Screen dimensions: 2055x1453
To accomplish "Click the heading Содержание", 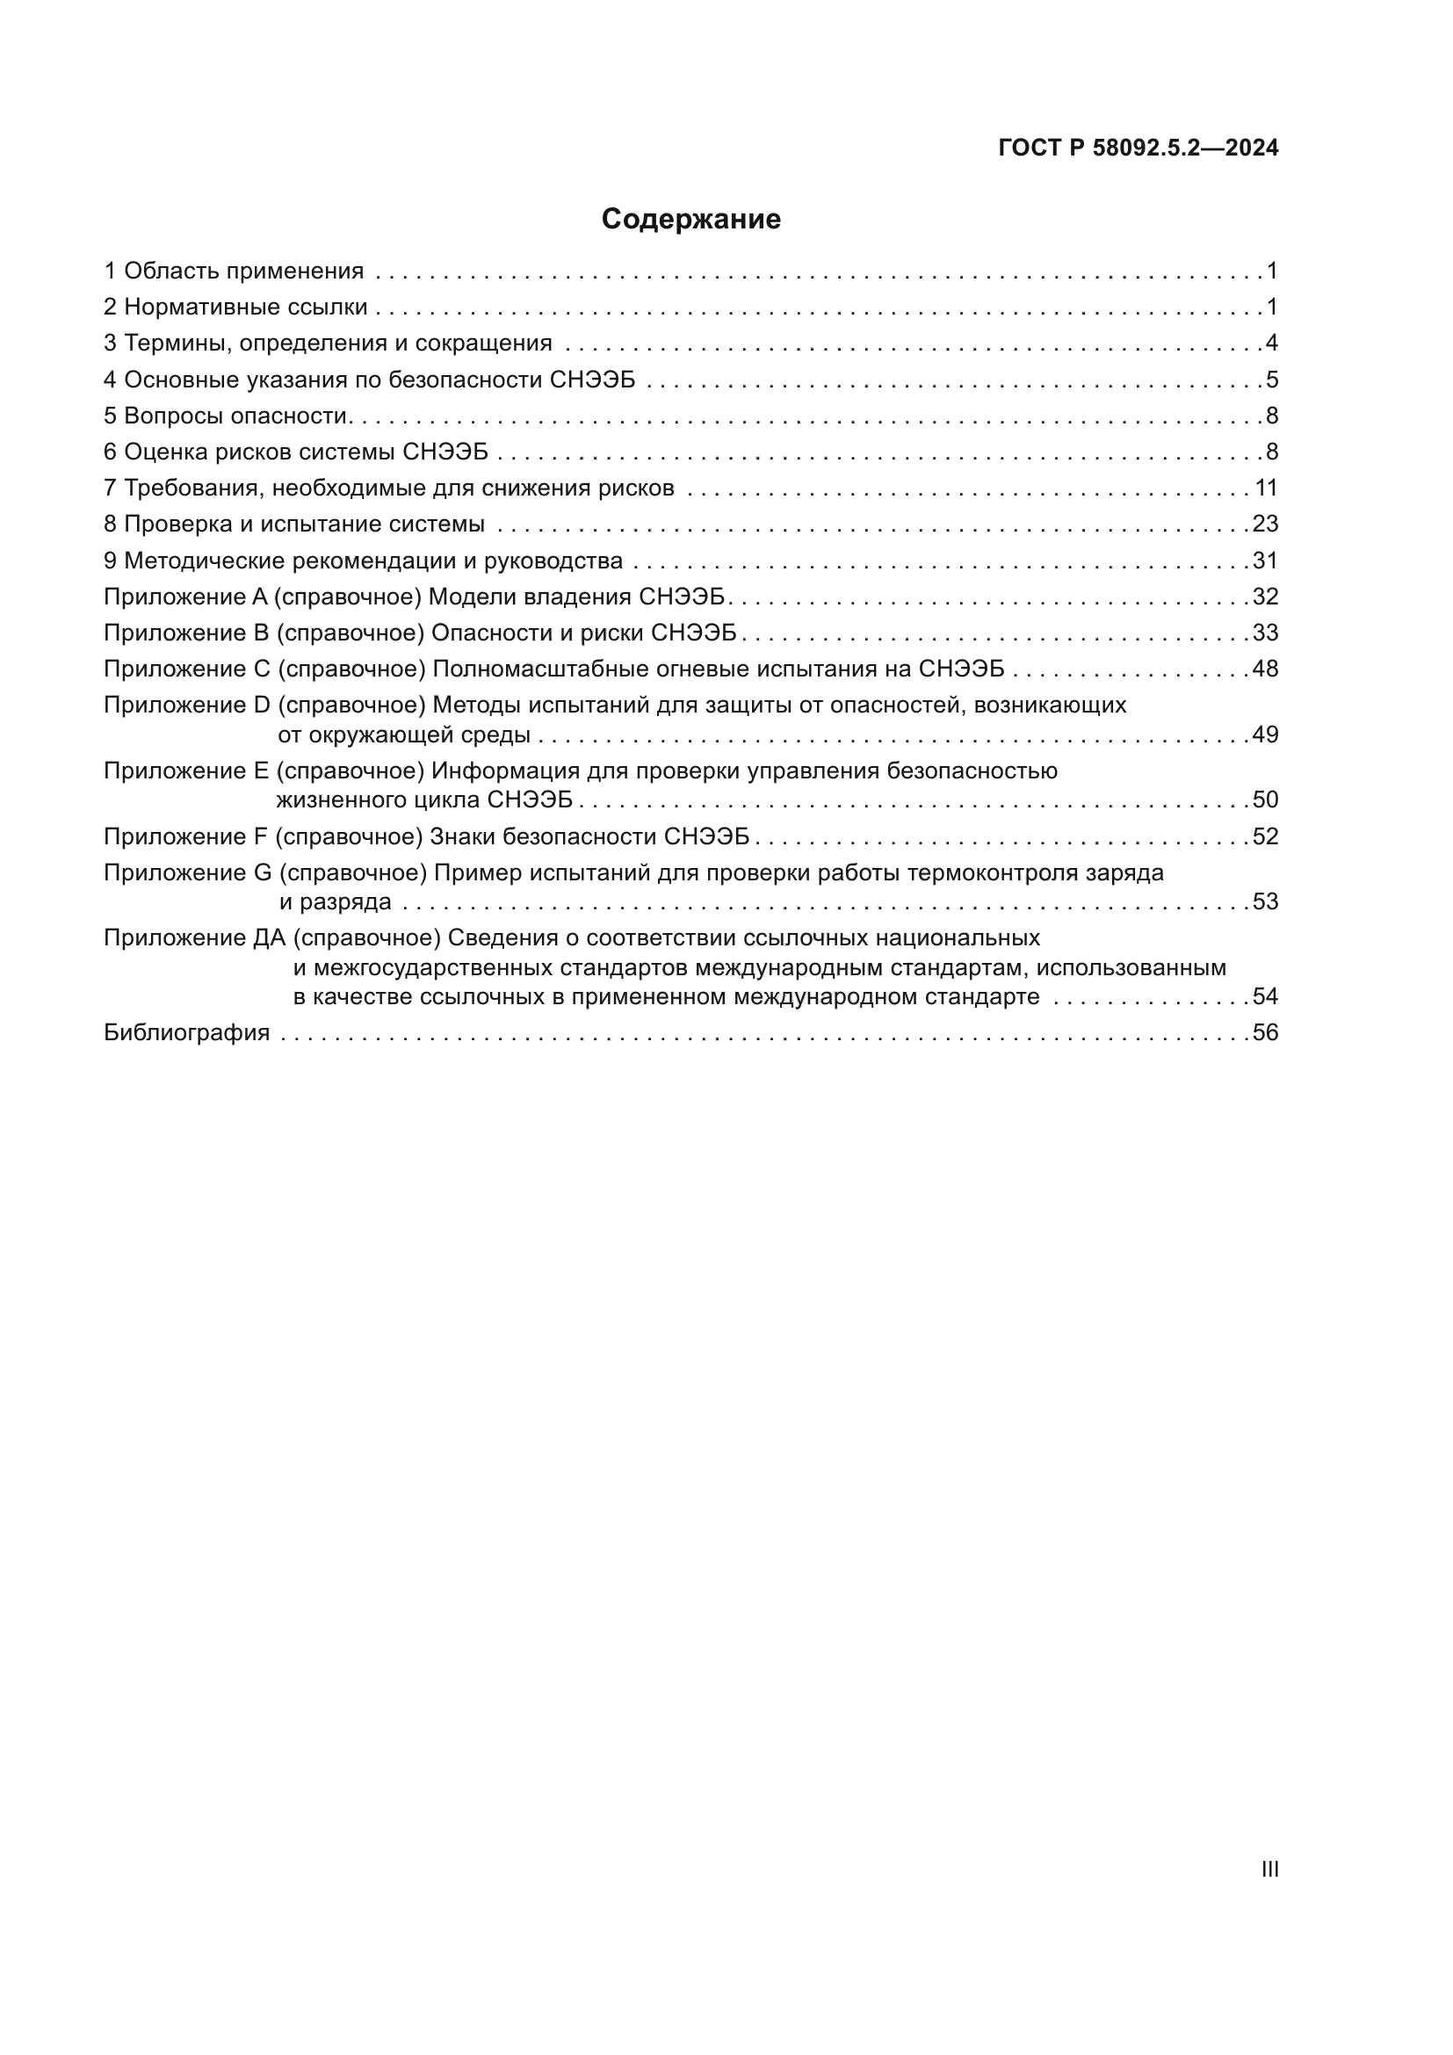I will click(690, 220).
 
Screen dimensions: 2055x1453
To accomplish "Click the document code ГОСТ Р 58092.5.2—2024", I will click(1137, 148).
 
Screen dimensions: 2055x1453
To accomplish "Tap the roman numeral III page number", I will click(1269, 1869).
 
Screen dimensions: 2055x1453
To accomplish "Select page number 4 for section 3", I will click(1271, 343).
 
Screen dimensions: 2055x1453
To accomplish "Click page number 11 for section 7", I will click(1266, 488).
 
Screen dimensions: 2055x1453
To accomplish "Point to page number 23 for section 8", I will click(1265, 524).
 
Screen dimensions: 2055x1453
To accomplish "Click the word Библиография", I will click(186, 1033).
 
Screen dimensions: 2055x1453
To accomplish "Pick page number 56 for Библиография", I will click(1265, 1033).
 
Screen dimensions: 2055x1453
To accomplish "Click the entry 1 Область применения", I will click(234, 271).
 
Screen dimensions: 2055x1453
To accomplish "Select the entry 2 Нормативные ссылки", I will click(235, 307).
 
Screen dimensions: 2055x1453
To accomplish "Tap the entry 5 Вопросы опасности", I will click(226, 416).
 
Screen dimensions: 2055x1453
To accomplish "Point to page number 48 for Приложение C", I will click(1265, 669).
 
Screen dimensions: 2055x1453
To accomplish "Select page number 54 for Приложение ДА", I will click(1265, 996).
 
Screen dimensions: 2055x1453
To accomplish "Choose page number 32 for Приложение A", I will click(1265, 596).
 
